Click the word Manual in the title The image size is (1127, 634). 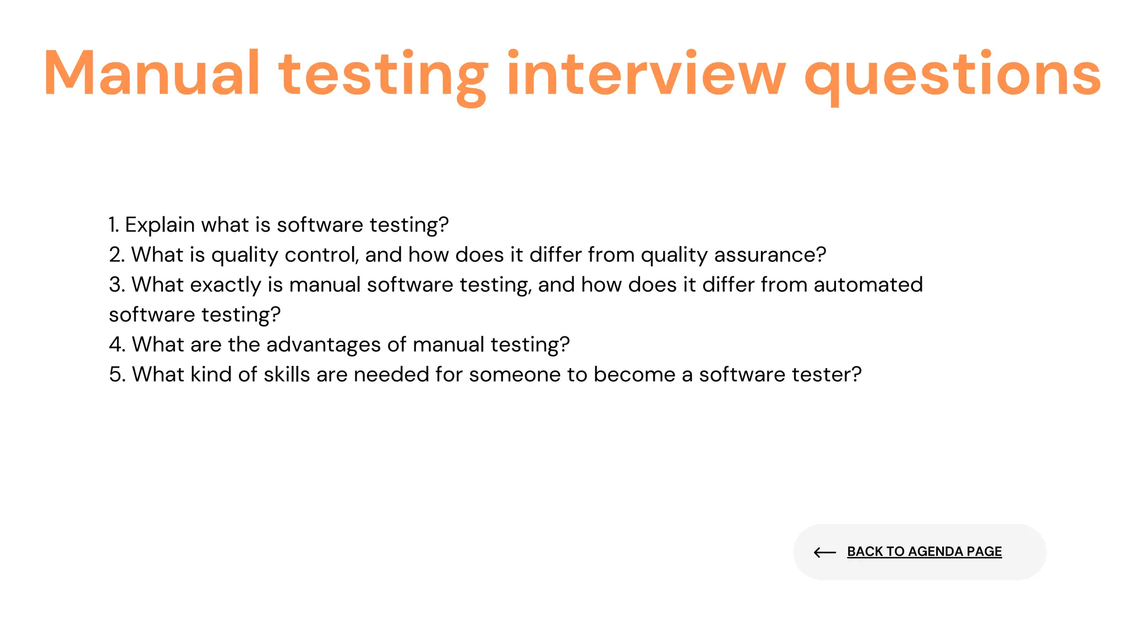[x=151, y=74]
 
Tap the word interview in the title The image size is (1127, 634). [x=646, y=74]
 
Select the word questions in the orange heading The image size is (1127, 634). [x=953, y=74]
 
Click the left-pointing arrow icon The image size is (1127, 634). [x=824, y=552]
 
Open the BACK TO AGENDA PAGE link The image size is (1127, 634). [x=924, y=551]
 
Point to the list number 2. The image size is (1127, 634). [x=116, y=255]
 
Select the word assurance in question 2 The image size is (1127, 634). [x=770, y=255]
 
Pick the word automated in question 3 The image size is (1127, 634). [x=868, y=285]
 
